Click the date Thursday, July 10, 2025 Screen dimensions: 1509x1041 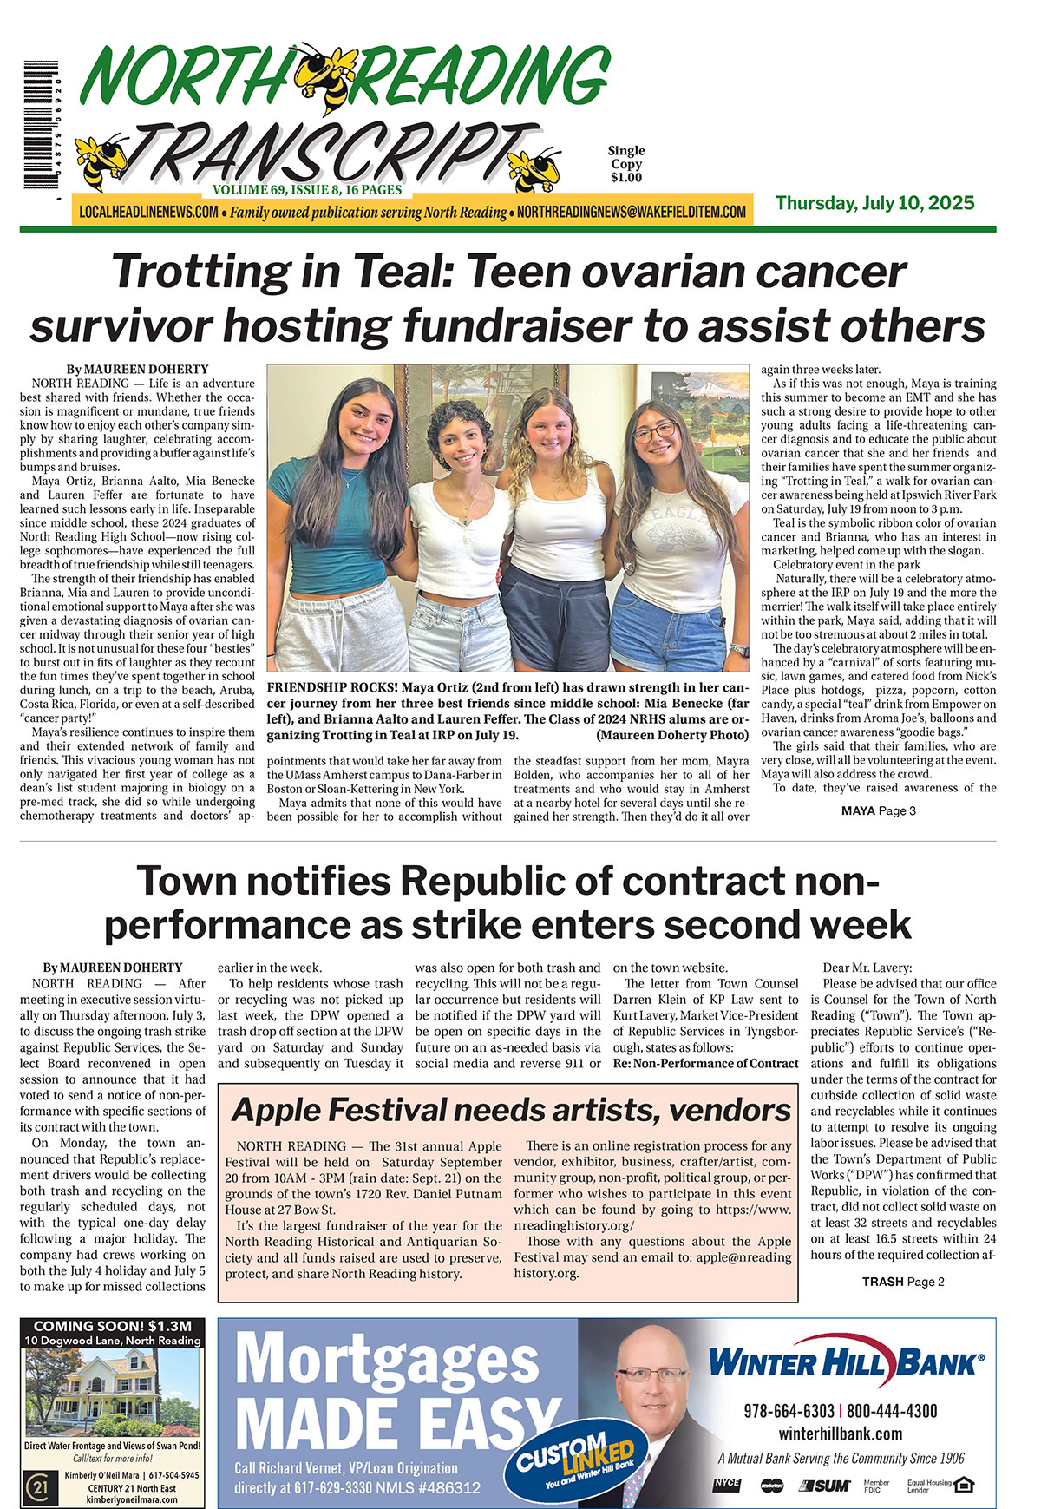coord(874,203)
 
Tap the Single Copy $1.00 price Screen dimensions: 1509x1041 coord(625,164)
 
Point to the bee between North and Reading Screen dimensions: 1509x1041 coord(326,77)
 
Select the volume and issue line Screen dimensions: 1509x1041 coord(307,189)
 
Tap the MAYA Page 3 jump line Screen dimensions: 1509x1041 coord(878,810)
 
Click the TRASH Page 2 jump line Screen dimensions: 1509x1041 coord(903,1282)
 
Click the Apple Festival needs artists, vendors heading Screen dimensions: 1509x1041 coord(511,1110)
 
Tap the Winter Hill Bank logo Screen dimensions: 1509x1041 coord(846,1363)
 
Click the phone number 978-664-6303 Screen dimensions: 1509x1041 coord(789,1411)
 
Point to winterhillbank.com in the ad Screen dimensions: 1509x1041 coord(840,1434)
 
